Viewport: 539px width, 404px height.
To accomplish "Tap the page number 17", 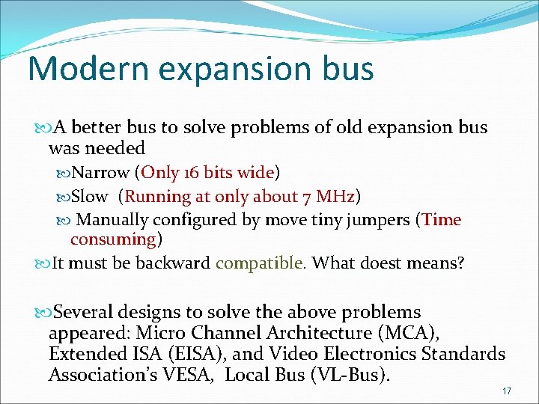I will (x=507, y=391).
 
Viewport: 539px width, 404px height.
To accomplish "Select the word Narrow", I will (x=100, y=173).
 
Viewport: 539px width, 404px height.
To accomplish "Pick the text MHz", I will (x=335, y=197).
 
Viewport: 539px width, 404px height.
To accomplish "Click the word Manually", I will (x=112, y=220).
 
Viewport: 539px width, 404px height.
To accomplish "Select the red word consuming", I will (x=112, y=239).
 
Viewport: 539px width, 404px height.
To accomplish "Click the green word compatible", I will (x=259, y=263).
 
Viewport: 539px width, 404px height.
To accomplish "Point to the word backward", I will (x=180, y=263).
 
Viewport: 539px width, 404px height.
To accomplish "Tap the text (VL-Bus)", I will (x=350, y=375).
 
